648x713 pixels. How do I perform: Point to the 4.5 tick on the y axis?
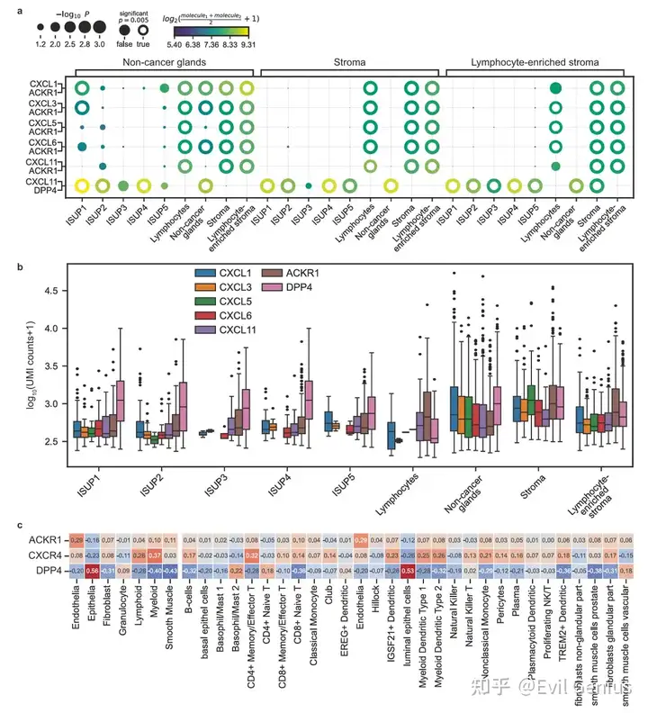53,291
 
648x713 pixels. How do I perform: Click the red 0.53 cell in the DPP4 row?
407,571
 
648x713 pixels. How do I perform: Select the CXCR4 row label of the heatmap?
47,555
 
